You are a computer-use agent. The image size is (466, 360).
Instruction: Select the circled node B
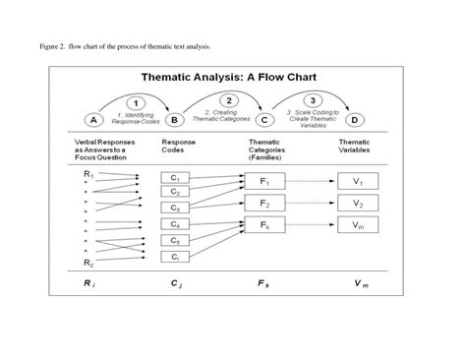pyautogui.click(x=175, y=120)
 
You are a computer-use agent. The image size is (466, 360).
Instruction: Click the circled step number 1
pyautogui.click(x=139, y=102)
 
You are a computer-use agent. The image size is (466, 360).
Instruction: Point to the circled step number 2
pyautogui.click(x=228, y=100)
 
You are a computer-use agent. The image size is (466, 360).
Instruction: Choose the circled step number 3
pyautogui.click(x=312, y=100)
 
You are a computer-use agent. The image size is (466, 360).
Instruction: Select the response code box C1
pyautogui.click(x=174, y=178)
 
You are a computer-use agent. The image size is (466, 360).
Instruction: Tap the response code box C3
pyautogui.click(x=174, y=208)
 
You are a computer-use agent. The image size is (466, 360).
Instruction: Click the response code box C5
pyautogui.click(x=174, y=240)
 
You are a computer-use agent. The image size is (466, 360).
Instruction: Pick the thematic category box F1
pyautogui.click(x=263, y=182)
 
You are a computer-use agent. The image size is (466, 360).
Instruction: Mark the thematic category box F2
pyautogui.click(x=263, y=204)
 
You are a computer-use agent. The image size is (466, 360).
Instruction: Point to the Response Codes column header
pyautogui.click(x=178, y=146)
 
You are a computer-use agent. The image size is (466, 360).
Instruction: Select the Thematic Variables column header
pyautogui.click(x=356, y=146)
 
